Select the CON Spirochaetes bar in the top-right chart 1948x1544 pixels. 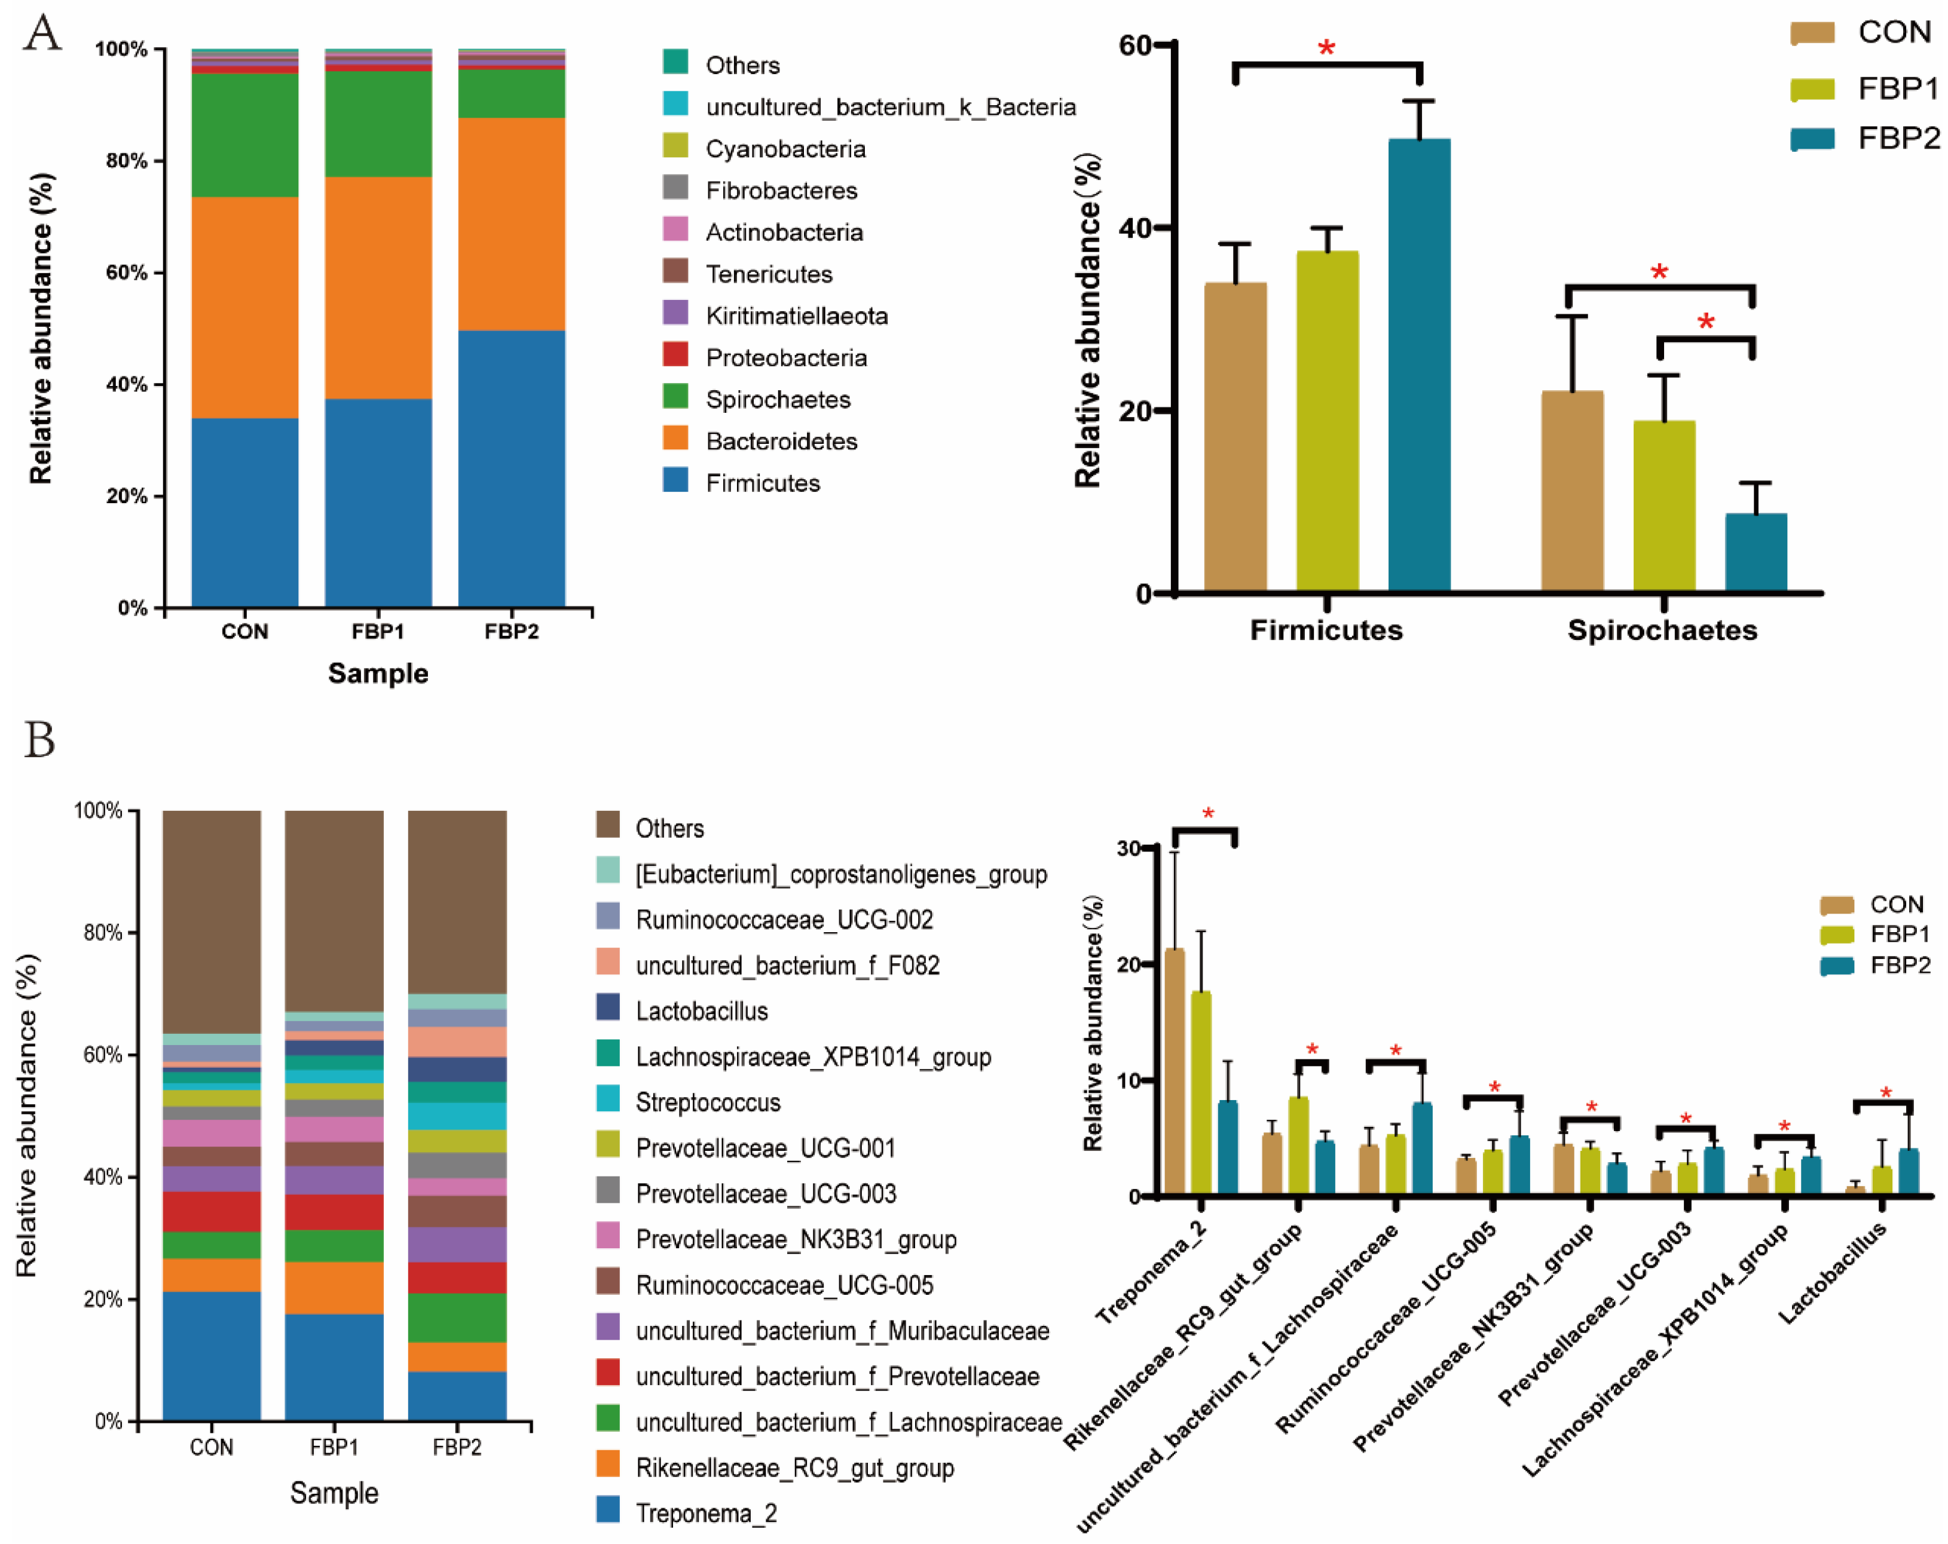[x=1572, y=492]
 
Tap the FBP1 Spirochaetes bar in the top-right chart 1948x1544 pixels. [x=1663, y=506]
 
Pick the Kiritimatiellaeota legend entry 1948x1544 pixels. [x=796, y=315]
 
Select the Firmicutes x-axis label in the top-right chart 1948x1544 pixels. [x=1326, y=630]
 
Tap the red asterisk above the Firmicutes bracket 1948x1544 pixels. [x=1326, y=48]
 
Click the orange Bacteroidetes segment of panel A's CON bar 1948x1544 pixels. [x=245, y=307]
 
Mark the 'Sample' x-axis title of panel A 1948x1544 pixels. [x=378, y=673]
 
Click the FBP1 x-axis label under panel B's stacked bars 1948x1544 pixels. [x=334, y=1447]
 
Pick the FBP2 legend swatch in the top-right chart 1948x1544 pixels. [x=1812, y=138]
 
